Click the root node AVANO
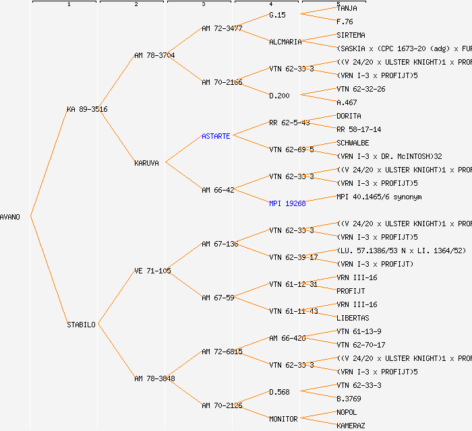tap(10, 217)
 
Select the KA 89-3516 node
tap(87, 109)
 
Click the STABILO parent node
tap(81, 325)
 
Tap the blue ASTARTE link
tap(216, 136)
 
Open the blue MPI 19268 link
tap(287, 203)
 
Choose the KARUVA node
tap(146, 163)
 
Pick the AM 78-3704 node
tap(154, 55)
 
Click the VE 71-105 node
tap(152, 271)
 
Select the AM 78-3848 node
tap(154, 378)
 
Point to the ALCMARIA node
tap(285, 42)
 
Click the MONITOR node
tap(283, 419)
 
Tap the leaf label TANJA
tap(347, 8)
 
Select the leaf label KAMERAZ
tap(351, 426)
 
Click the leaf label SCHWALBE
tap(353, 143)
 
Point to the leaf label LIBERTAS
tap(353, 318)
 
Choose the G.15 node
tap(277, 15)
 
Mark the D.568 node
tap(279, 392)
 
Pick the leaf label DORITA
tap(349, 116)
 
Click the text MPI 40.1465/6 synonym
tap(378, 197)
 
